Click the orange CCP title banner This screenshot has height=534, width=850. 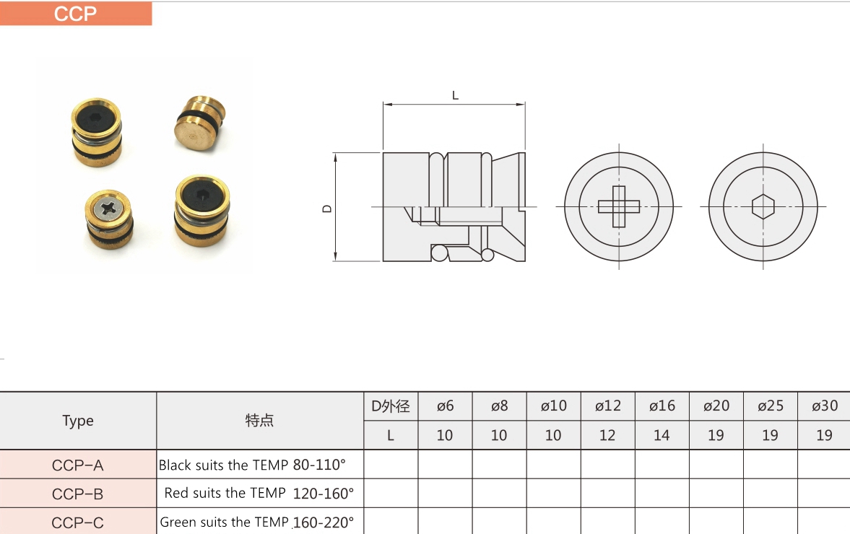(x=76, y=14)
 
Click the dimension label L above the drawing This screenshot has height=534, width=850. (x=456, y=95)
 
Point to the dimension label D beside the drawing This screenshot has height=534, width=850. (x=327, y=209)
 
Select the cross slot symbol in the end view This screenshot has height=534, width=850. (x=619, y=206)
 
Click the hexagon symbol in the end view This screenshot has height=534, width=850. (x=763, y=206)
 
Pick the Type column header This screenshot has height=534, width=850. (x=78, y=421)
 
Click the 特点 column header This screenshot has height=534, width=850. (x=260, y=420)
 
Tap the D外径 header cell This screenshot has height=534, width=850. (x=390, y=406)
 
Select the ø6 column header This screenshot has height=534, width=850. (x=445, y=406)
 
